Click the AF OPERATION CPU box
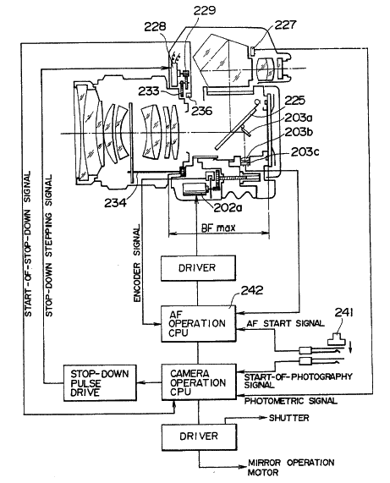coord(199,324)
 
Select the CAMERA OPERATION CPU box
coord(199,382)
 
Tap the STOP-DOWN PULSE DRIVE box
coord(100,383)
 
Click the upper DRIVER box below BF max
coord(198,267)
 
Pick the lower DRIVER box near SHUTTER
coord(200,436)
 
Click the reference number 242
coord(252,290)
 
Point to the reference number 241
coord(343,313)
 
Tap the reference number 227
coord(285,25)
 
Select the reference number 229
coord(204,10)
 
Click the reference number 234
coord(115,203)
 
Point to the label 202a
coord(228,208)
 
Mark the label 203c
coord(305,152)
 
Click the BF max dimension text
coord(218,228)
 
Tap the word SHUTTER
coord(288,418)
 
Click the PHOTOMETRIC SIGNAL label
coord(290,401)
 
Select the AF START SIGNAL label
coord(285,323)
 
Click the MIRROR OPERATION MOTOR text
coord(291,467)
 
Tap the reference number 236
coord(202,111)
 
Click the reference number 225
coord(294,101)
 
